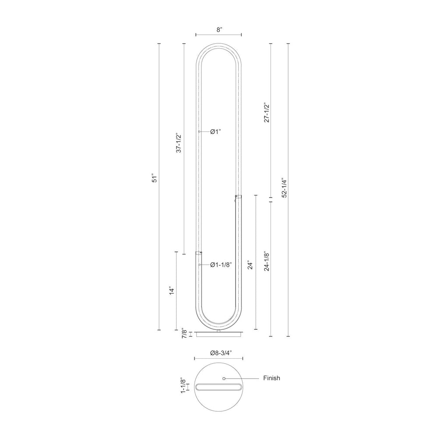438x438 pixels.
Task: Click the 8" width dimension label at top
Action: click(x=219, y=30)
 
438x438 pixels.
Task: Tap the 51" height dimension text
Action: click(x=155, y=179)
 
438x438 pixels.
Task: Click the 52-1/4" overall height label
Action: click(x=284, y=187)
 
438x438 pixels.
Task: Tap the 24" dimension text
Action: click(x=250, y=265)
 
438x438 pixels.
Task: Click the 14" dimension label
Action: click(x=172, y=290)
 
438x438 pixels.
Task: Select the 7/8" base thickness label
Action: click(x=184, y=333)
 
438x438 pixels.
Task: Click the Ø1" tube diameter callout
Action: click(x=215, y=131)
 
